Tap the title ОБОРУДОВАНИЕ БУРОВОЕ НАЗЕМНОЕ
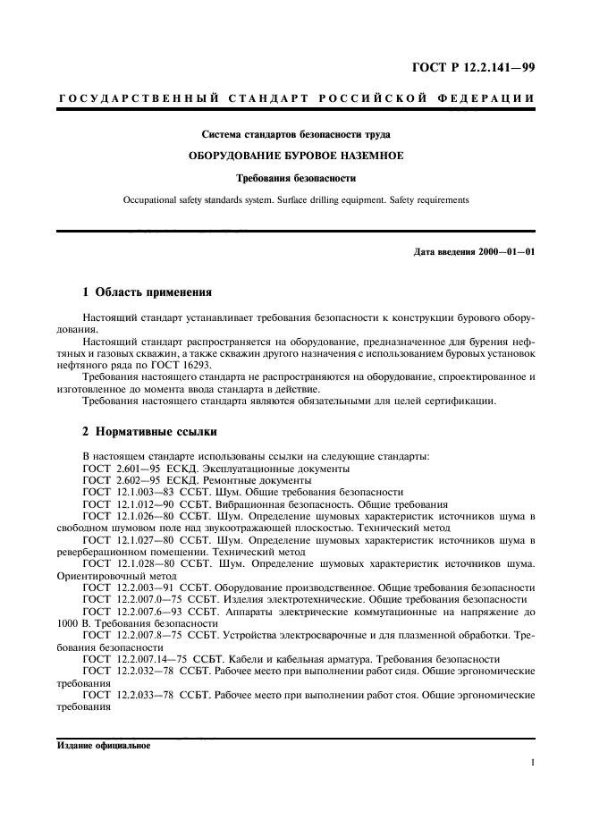[x=295, y=156]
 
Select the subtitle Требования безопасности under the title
[x=295, y=177]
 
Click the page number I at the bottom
[x=532, y=764]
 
